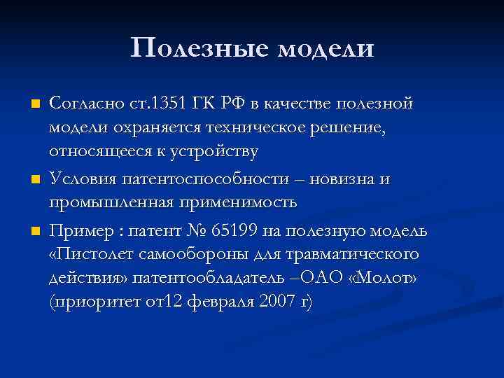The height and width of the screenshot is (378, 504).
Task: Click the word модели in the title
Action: pos(326,48)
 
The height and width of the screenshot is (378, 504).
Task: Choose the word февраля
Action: pos(210,302)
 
